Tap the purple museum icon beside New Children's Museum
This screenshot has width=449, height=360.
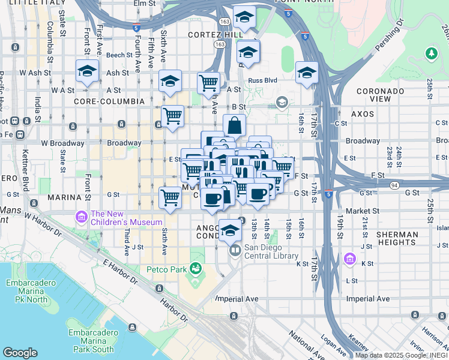point(81,215)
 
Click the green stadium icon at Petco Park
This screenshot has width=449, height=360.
point(195,267)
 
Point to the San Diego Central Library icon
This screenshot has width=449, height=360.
point(235,250)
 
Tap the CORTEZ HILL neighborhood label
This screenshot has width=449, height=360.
point(215,35)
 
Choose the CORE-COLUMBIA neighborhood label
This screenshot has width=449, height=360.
point(109,101)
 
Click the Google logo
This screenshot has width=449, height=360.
point(20,353)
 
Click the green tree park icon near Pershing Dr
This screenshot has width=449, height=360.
point(430,54)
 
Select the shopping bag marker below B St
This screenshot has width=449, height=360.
point(234,127)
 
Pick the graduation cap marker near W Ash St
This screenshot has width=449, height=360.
point(87,73)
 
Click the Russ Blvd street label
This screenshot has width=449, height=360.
point(264,80)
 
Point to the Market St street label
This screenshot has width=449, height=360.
point(367,211)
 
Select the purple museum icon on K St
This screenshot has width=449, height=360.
point(350,259)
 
